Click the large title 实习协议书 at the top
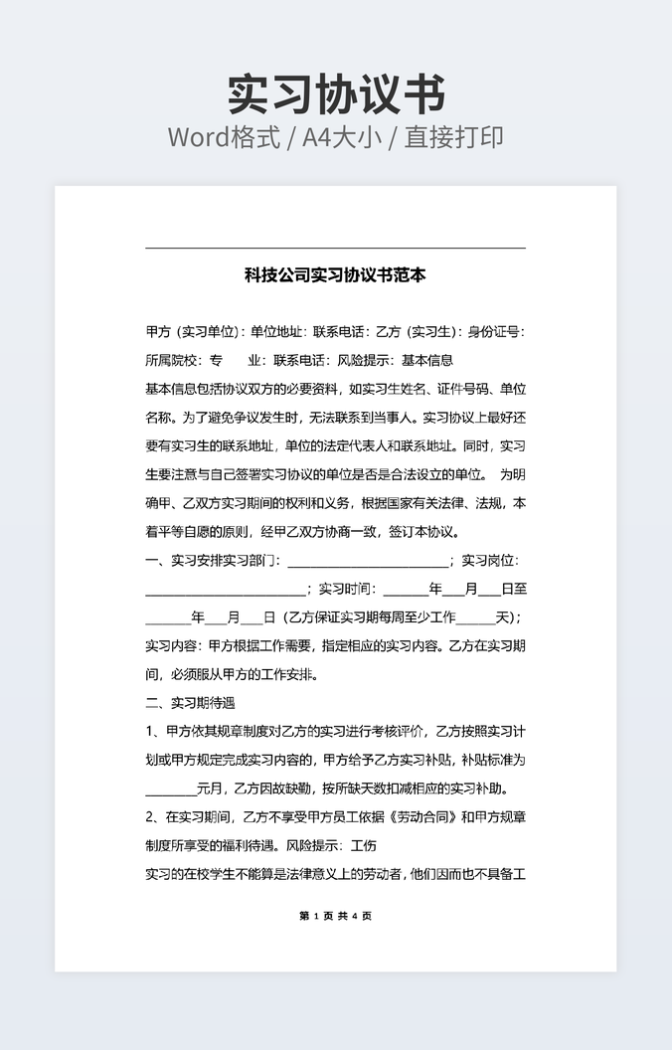336,94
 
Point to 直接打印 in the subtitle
453,137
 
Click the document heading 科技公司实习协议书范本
335,275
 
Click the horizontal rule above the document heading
335,248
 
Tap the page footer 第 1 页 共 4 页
335,916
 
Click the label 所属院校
171,360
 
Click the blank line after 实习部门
368,563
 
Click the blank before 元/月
171,790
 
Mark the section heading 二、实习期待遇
190,703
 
